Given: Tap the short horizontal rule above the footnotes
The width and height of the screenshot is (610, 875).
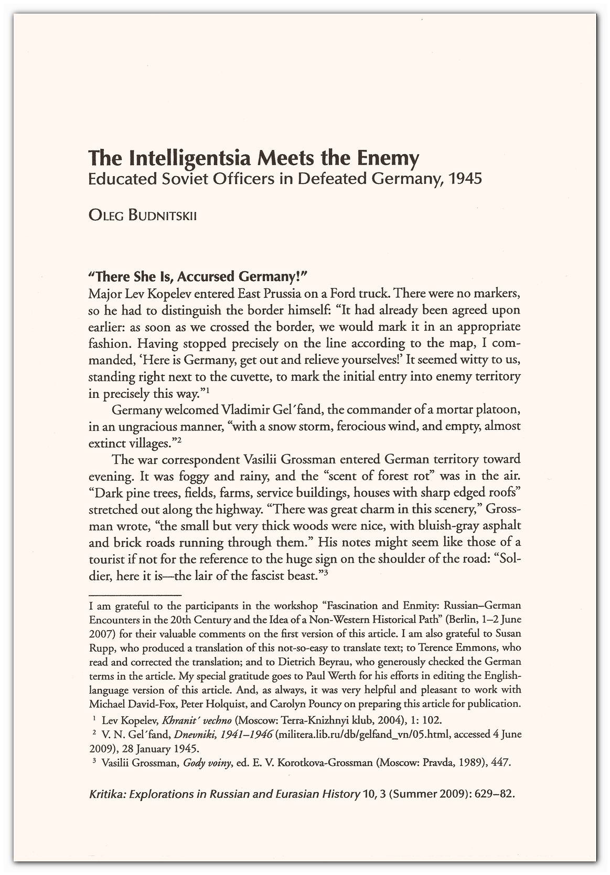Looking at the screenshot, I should (x=135, y=595).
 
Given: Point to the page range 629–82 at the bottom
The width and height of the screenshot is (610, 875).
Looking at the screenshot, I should (x=491, y=794).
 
